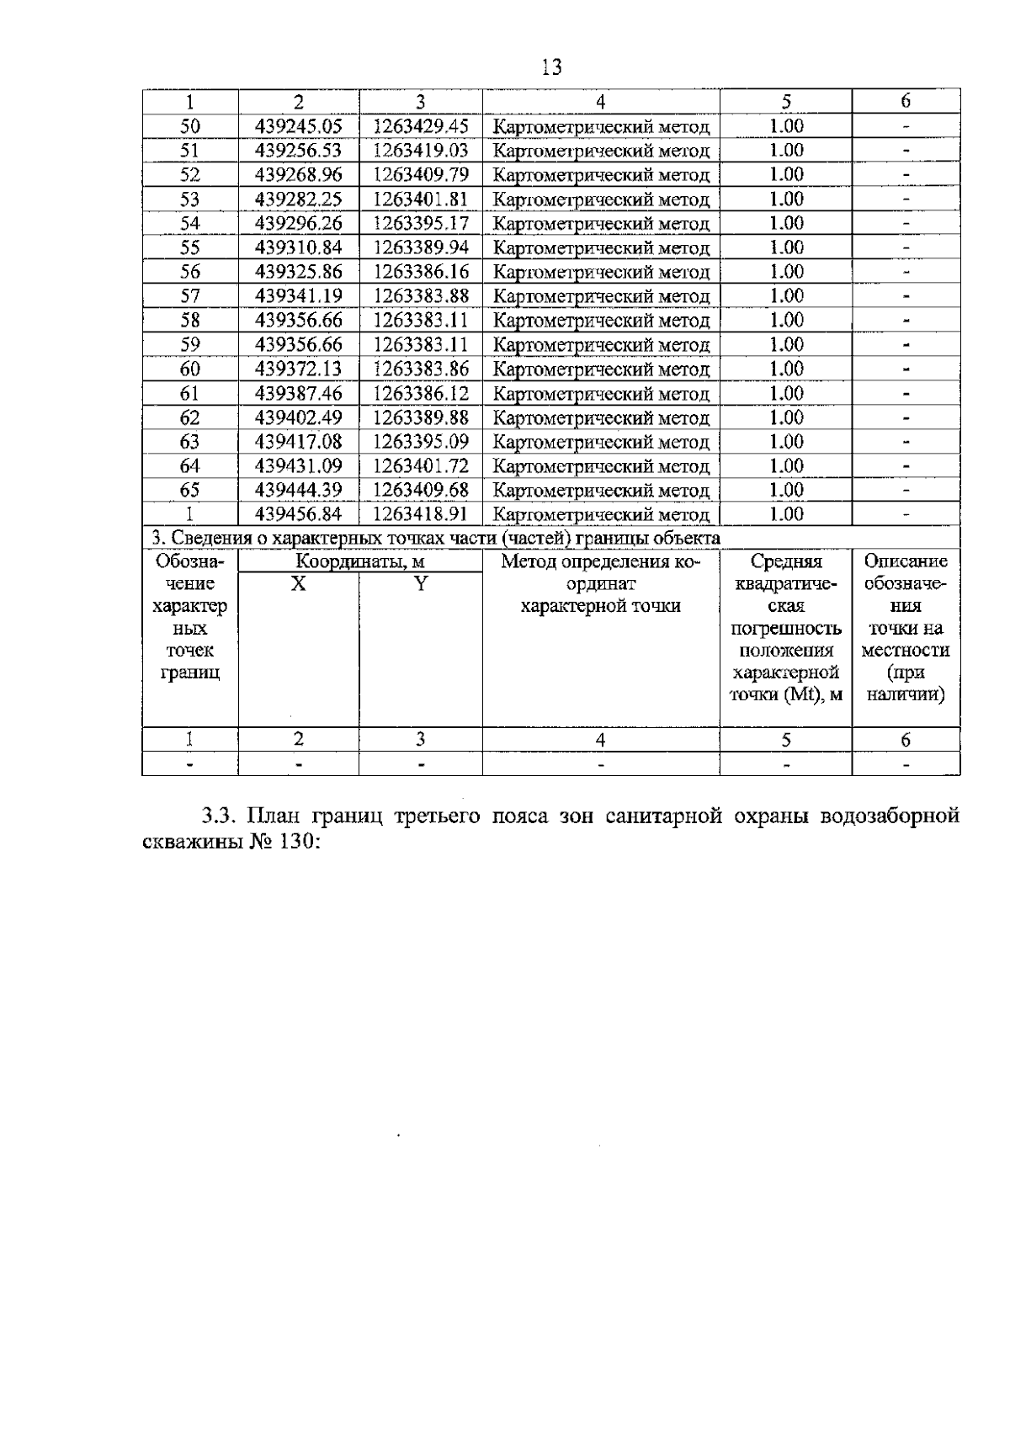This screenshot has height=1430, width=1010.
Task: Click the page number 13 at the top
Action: (x=552, y=67)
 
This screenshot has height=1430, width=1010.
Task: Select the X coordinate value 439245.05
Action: (x=299, y=126)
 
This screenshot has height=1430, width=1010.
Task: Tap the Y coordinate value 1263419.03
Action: (x=420, y=151)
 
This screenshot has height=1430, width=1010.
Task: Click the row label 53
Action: (x=190, y=199)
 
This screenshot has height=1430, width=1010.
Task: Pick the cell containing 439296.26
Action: (x=299, y=224)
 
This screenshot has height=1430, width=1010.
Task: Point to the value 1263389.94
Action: (x=420, y=247)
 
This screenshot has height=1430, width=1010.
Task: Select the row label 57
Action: (x=190, y=296)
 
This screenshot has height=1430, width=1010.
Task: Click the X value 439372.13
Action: (x=299, y=369)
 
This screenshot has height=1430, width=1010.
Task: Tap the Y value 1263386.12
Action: (x=420, y=393)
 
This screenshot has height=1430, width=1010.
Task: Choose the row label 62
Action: (x=190, y=417)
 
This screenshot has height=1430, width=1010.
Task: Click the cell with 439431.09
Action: (x=299, y=466)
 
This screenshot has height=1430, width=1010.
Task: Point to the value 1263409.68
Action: (x=420, y=490)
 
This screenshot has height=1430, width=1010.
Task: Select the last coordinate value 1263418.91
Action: (x=420, y=514)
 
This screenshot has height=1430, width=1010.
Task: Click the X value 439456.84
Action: (x=299, y=514)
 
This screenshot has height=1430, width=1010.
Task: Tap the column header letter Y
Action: (x=420, y=583)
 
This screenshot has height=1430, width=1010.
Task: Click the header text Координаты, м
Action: (x=359, y=562)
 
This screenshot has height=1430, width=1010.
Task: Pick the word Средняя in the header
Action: (x=786, y=562)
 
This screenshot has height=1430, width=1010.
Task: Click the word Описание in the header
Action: (x=906, y=562)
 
